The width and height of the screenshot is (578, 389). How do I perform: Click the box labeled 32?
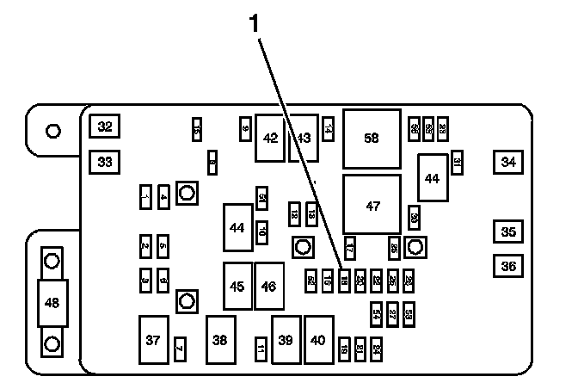(x=105, y=127)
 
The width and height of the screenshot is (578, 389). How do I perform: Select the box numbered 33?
(x=105, y=161)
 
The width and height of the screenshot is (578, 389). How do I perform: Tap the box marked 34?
(x=509, y=161)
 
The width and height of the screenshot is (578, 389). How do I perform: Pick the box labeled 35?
(x=509, y=232)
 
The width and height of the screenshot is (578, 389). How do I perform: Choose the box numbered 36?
(x=509, y=266)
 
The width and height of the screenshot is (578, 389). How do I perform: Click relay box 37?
(x=153, y=341)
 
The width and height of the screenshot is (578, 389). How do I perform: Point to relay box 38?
(x=220, y=341)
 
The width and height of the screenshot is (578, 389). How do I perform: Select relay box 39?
(x=286, y=341)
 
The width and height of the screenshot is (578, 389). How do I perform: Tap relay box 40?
(x=319, y=341)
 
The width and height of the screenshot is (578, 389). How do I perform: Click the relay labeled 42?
(x=271, y=138)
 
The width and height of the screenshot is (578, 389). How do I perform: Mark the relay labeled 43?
(x=304, y=138)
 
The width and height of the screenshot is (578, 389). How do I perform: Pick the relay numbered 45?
(x=237, y=286)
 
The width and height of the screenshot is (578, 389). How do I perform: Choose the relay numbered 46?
(x=269, y=286)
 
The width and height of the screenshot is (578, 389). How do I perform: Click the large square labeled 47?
(x=372, y=206)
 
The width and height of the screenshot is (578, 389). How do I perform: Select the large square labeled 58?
(x=372, y=138)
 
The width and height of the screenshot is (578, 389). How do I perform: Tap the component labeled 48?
(x=52, y=302)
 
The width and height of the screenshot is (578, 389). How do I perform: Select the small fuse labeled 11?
(x=261, y=349)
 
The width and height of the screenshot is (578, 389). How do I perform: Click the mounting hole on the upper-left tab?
(x=52, y=131)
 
